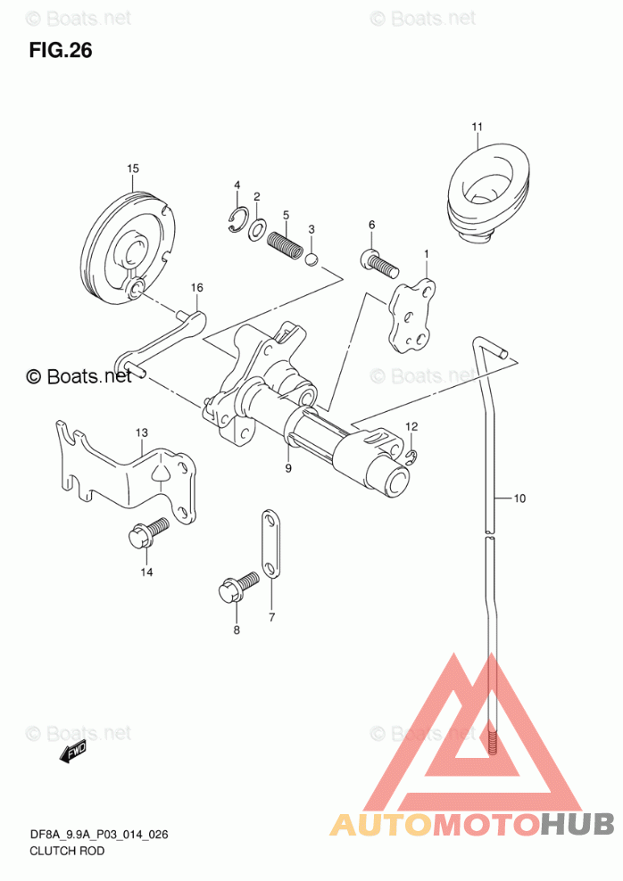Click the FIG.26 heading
(x=61, y=51)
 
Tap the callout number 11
(x=477, y=127)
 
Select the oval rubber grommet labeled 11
(x=487, y=194)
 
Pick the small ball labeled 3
(x=312, y=259)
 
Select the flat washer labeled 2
(x=258, y=229)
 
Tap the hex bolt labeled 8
(x=237, y=587)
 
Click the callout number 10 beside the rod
(x=519, y=498)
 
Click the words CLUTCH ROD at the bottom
(x=67, y=852)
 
